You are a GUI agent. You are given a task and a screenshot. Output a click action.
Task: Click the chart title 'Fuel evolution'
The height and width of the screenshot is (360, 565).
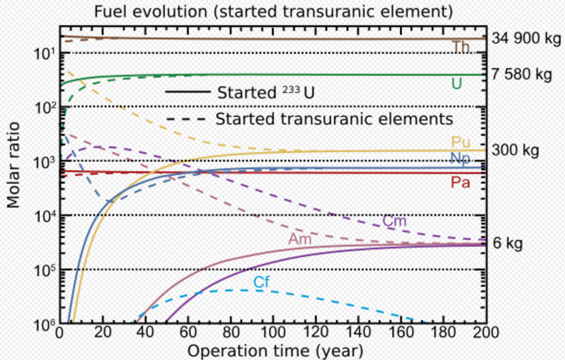273,11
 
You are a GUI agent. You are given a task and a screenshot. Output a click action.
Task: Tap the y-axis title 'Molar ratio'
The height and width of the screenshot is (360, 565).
14,165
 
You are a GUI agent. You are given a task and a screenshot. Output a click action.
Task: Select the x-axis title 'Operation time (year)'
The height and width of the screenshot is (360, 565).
275,351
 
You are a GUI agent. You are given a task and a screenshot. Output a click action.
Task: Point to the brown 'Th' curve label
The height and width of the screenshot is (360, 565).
460,47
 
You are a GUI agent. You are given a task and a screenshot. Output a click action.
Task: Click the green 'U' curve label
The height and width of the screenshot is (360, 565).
456,84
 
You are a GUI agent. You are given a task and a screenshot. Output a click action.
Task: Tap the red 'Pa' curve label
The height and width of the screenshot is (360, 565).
461,183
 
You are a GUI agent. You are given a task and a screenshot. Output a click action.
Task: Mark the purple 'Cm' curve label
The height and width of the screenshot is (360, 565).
394,221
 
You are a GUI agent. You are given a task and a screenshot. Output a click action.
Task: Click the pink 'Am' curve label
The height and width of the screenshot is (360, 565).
300,239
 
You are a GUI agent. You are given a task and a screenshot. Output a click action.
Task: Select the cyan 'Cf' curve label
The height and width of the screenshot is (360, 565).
261,282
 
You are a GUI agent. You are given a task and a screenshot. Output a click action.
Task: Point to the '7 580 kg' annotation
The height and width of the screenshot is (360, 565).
522,75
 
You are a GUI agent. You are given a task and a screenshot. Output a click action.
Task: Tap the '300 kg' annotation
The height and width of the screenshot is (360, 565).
515,150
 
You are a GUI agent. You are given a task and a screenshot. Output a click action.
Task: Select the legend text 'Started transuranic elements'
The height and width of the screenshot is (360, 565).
334,119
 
